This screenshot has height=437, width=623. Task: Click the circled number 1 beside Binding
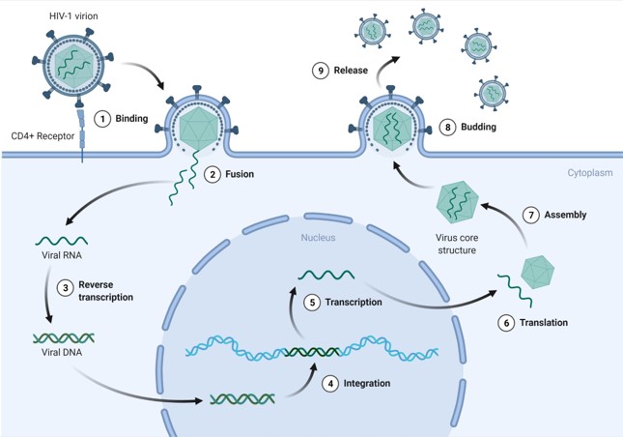pyautogui.click(x=101, y=119)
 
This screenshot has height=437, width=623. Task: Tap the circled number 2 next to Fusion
pyautogui.click(x=211, y=174)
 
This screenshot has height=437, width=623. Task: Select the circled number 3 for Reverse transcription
pyautogui.click(x=64, y=287)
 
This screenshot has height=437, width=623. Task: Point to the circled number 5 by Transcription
pyautogui.click(x=311, y=302)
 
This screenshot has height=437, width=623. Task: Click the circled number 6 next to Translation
pyautogui.click(x=505, y=323)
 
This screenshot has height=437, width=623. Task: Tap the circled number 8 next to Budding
pyautogui.click(x=446, y=127)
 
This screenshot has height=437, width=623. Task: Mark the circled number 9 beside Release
pyautogui.click(x=320, y=71)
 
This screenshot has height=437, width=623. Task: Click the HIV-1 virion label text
pyautogui.click(x=74, y=16)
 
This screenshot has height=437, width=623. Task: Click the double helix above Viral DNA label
pyautogui.click(x=64, y=337)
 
